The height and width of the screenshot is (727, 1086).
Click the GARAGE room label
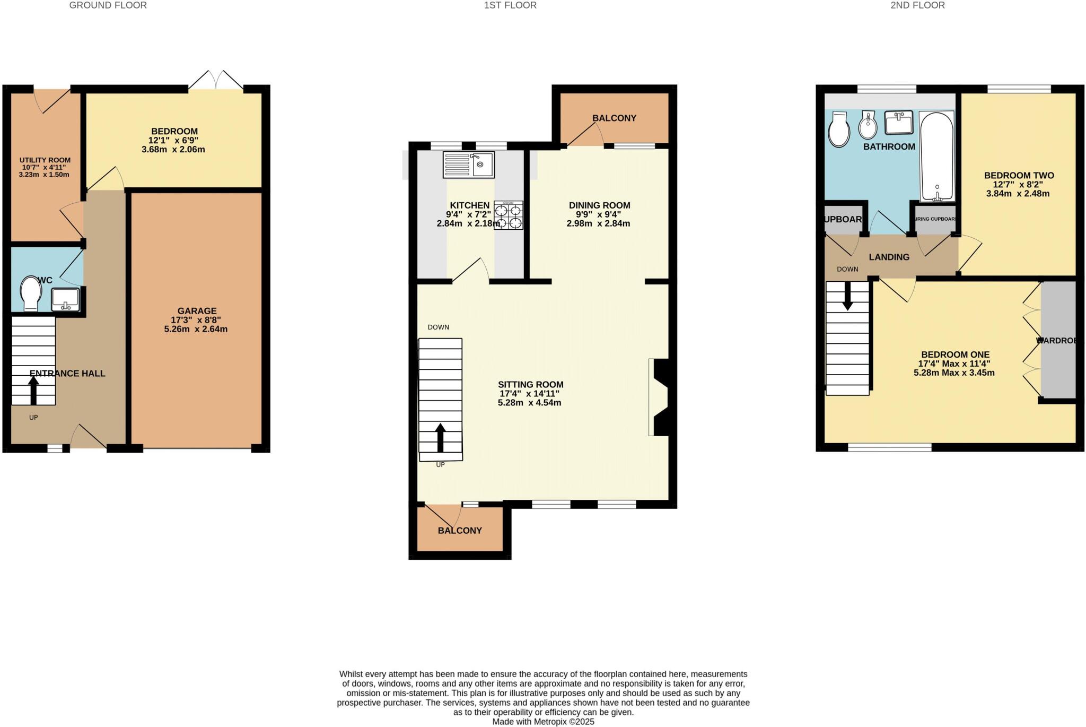point(197,311)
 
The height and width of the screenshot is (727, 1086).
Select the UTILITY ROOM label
point(45,160)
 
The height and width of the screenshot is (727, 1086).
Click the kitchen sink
point(469,165)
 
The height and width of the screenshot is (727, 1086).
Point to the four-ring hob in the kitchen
point(509,215)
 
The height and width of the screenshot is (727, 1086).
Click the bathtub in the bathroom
point(936,157)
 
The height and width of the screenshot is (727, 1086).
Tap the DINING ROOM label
point(599,205)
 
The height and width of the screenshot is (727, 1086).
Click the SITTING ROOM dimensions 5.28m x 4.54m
point(529,403)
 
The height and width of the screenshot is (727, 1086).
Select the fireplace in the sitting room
point(658,397)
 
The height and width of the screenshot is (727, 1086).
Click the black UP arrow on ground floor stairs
point(33,391)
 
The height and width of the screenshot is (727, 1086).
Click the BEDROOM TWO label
point(1019,176)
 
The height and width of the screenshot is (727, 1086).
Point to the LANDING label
point(889,257)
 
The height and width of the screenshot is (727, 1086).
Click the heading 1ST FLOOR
point(510,5)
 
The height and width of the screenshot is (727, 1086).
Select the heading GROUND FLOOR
point(108,5)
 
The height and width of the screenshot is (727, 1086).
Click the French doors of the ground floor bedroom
point(216,81)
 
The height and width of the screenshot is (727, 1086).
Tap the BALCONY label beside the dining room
point(614,118)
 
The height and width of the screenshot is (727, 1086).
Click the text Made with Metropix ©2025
point(543,722)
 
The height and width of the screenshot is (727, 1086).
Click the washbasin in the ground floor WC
point(65,299)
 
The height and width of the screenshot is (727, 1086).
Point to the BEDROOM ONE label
point(955,354)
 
